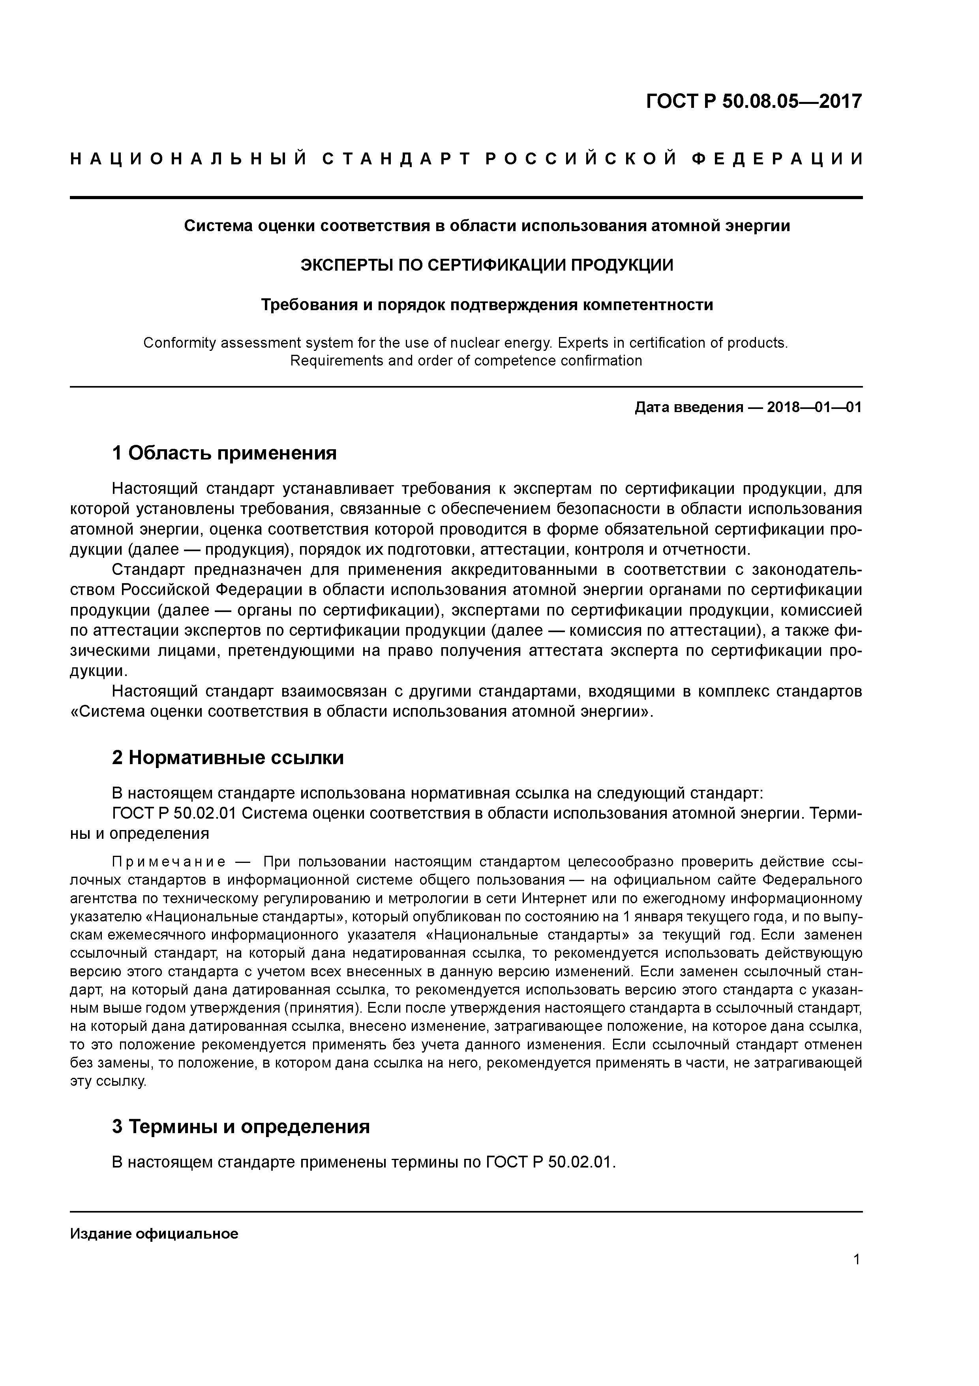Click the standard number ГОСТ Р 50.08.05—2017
coord(754,101)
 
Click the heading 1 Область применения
coord(224,453)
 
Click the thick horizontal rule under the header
coord(466,198)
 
